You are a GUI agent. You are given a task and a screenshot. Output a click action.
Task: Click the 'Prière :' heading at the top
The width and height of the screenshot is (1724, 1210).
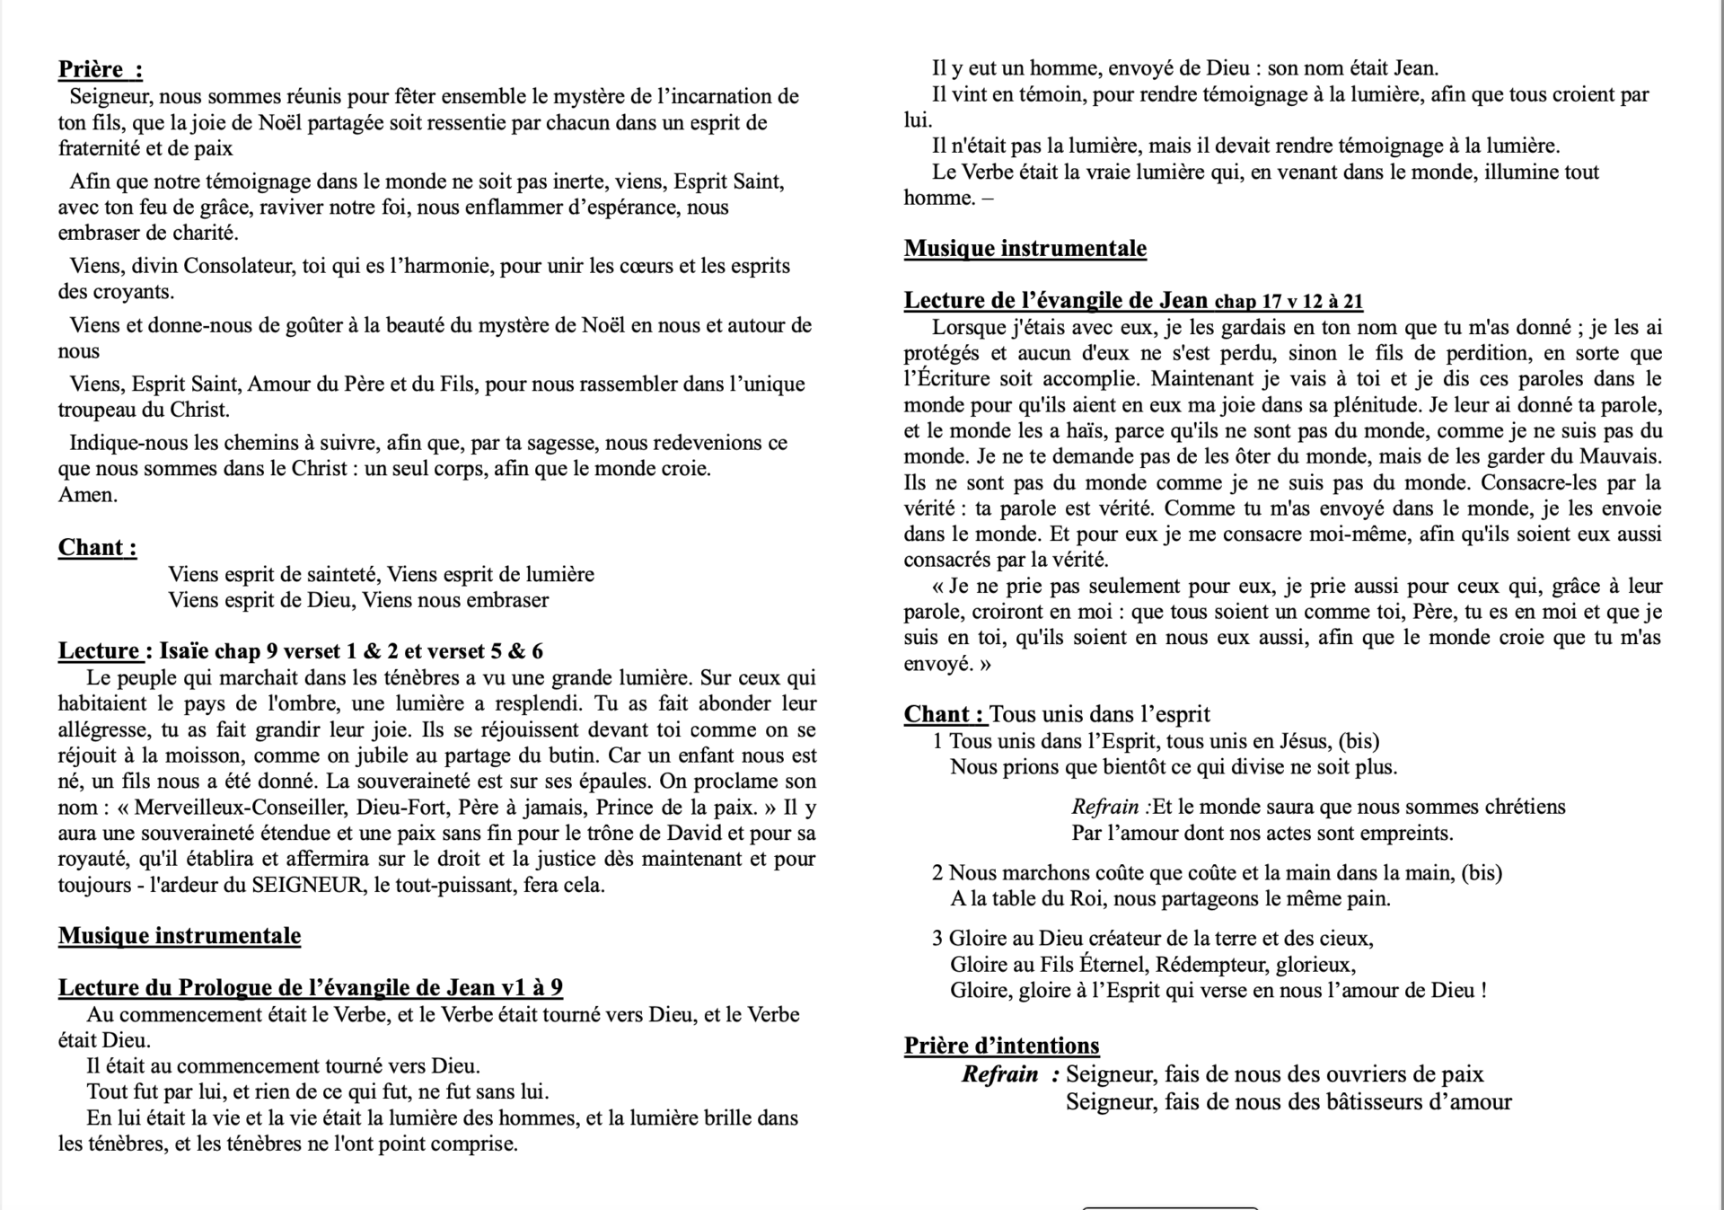point(100,69)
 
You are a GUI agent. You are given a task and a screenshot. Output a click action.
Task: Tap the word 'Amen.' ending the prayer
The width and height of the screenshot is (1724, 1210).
point(87,495)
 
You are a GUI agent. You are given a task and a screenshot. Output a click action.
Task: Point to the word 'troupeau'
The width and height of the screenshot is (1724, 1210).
point(98,411)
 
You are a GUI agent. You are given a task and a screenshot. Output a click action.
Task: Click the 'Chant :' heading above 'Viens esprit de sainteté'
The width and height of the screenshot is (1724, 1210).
point(97,548)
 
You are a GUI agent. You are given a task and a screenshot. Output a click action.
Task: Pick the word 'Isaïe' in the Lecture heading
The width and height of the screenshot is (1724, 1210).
point(184,651)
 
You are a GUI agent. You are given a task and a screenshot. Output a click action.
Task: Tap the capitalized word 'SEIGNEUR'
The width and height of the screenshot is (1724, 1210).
point(308,885)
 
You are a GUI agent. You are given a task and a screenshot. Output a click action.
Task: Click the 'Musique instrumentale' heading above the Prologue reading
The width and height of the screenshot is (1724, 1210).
point(180,936)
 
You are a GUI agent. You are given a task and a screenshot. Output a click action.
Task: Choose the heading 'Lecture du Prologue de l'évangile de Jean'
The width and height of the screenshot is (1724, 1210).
point(310,988)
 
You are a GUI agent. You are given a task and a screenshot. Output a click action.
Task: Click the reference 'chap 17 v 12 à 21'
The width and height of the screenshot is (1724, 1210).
point(1289,302)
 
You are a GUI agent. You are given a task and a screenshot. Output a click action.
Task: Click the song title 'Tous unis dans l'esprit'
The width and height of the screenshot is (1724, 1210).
point(1099,715)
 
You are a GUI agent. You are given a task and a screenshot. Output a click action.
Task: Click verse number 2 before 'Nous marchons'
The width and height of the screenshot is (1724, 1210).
point(937,873)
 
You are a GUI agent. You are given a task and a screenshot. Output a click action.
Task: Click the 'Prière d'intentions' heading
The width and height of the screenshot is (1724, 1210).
point(1001,1047)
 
